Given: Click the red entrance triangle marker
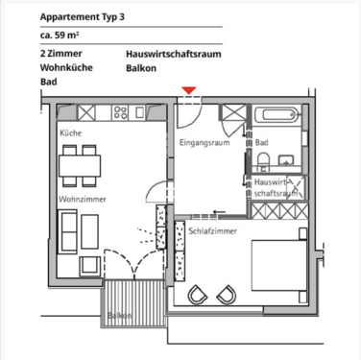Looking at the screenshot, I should (x=190, y=90).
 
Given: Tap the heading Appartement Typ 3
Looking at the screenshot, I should (x=81, y=17).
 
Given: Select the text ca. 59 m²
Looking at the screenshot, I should (x=60, y=36).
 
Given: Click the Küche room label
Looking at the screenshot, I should (x=70, y=133).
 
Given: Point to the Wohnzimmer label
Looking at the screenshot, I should (x=82, y=199).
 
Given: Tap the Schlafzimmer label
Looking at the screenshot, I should (x=212, y=231).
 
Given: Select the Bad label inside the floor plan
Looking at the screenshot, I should (x=262, y=143).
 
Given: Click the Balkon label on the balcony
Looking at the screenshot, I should (x=120, y=315).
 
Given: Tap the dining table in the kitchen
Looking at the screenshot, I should (x=81, y=165).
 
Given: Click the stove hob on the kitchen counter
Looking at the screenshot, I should (x=122, y=112).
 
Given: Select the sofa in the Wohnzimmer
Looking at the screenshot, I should (x=68, y=231).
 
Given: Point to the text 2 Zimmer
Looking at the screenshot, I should (x=60, y=54).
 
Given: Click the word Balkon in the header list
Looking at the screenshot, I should (x=141, y=69).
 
